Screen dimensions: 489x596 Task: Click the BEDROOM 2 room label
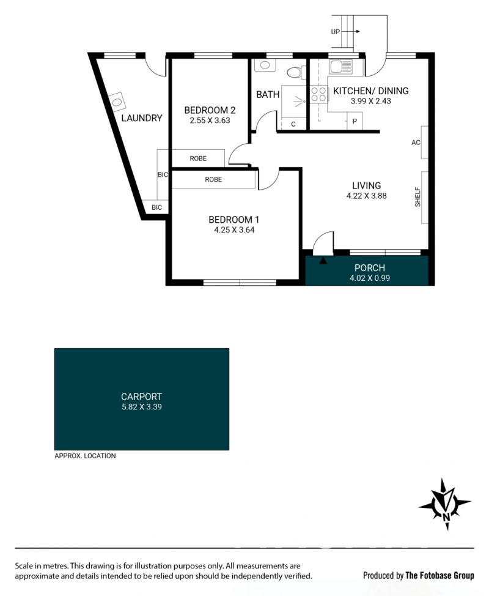pos(210,110)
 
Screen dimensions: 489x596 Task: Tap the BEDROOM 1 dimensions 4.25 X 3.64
pos(234,229)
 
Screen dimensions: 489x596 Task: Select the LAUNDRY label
pos(142,118)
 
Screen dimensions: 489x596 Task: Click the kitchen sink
pos(341,67)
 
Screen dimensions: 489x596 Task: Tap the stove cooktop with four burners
pos(318,94)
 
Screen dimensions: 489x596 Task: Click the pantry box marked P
pos(355,122)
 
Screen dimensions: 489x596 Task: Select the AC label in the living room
pos(416,143)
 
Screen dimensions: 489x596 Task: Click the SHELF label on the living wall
pos(417,197)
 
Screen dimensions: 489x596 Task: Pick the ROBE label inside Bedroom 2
pos(198,158)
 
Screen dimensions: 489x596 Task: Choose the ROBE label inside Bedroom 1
pos(213,179)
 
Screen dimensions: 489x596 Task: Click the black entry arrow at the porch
pos(323,261)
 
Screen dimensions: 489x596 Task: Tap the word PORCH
pos(370,267)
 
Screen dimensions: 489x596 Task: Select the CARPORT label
pos(142,397)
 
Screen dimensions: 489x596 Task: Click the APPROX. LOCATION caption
pos(85,456)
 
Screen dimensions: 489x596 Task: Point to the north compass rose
pos(445,504)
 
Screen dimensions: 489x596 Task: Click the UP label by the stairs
pos(335,32)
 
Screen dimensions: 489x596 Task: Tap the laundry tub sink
pos(117,102)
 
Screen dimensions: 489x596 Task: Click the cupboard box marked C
pos(293,124)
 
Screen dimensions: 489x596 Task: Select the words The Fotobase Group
pos(439,575)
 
